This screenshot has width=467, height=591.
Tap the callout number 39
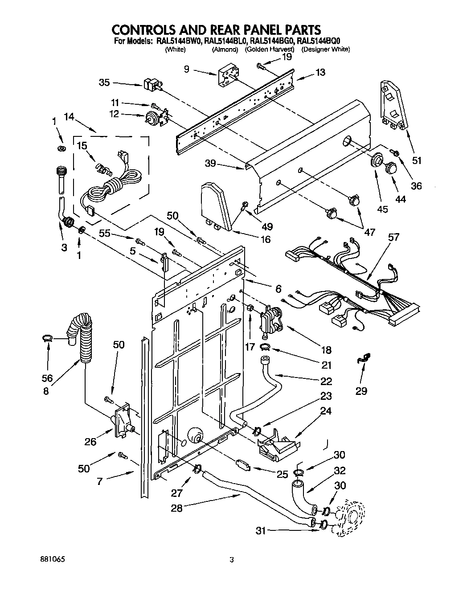click(210, 164)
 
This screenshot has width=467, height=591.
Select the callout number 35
click(104, 82)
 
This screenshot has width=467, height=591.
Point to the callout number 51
click(417, 161)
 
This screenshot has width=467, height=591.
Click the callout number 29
click(361, 391)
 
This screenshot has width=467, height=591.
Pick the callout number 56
click(47, 378)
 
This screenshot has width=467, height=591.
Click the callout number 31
click(262, 530)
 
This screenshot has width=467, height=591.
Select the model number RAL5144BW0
click(177, 41)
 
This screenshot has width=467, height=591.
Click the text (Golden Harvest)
click(270, 49)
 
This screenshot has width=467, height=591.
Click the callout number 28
click(177, 508)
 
